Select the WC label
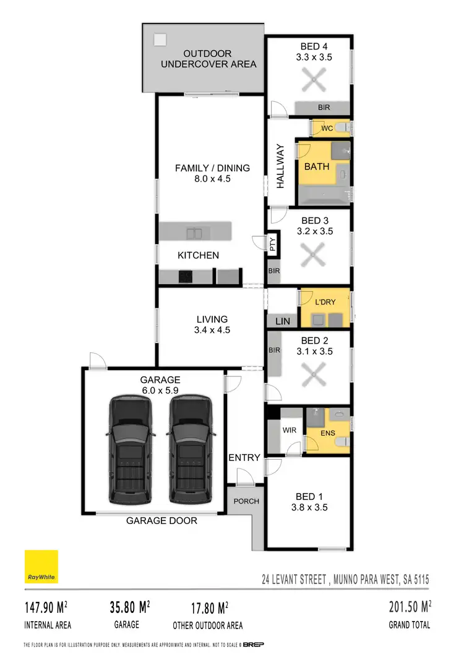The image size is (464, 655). pos(327,129)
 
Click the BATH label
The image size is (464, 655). pos(316,166)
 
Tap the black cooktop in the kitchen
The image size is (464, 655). pos(185,277)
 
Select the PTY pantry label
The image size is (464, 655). pos(273,245)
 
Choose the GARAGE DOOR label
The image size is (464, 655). pos(161,521)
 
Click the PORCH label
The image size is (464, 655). pos(246,501)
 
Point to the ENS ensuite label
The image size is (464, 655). pos(328,433)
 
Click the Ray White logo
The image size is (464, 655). pos(41,567)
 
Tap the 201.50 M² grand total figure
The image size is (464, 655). pos(406,607)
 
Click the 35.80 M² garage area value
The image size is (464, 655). pos(126,607)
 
